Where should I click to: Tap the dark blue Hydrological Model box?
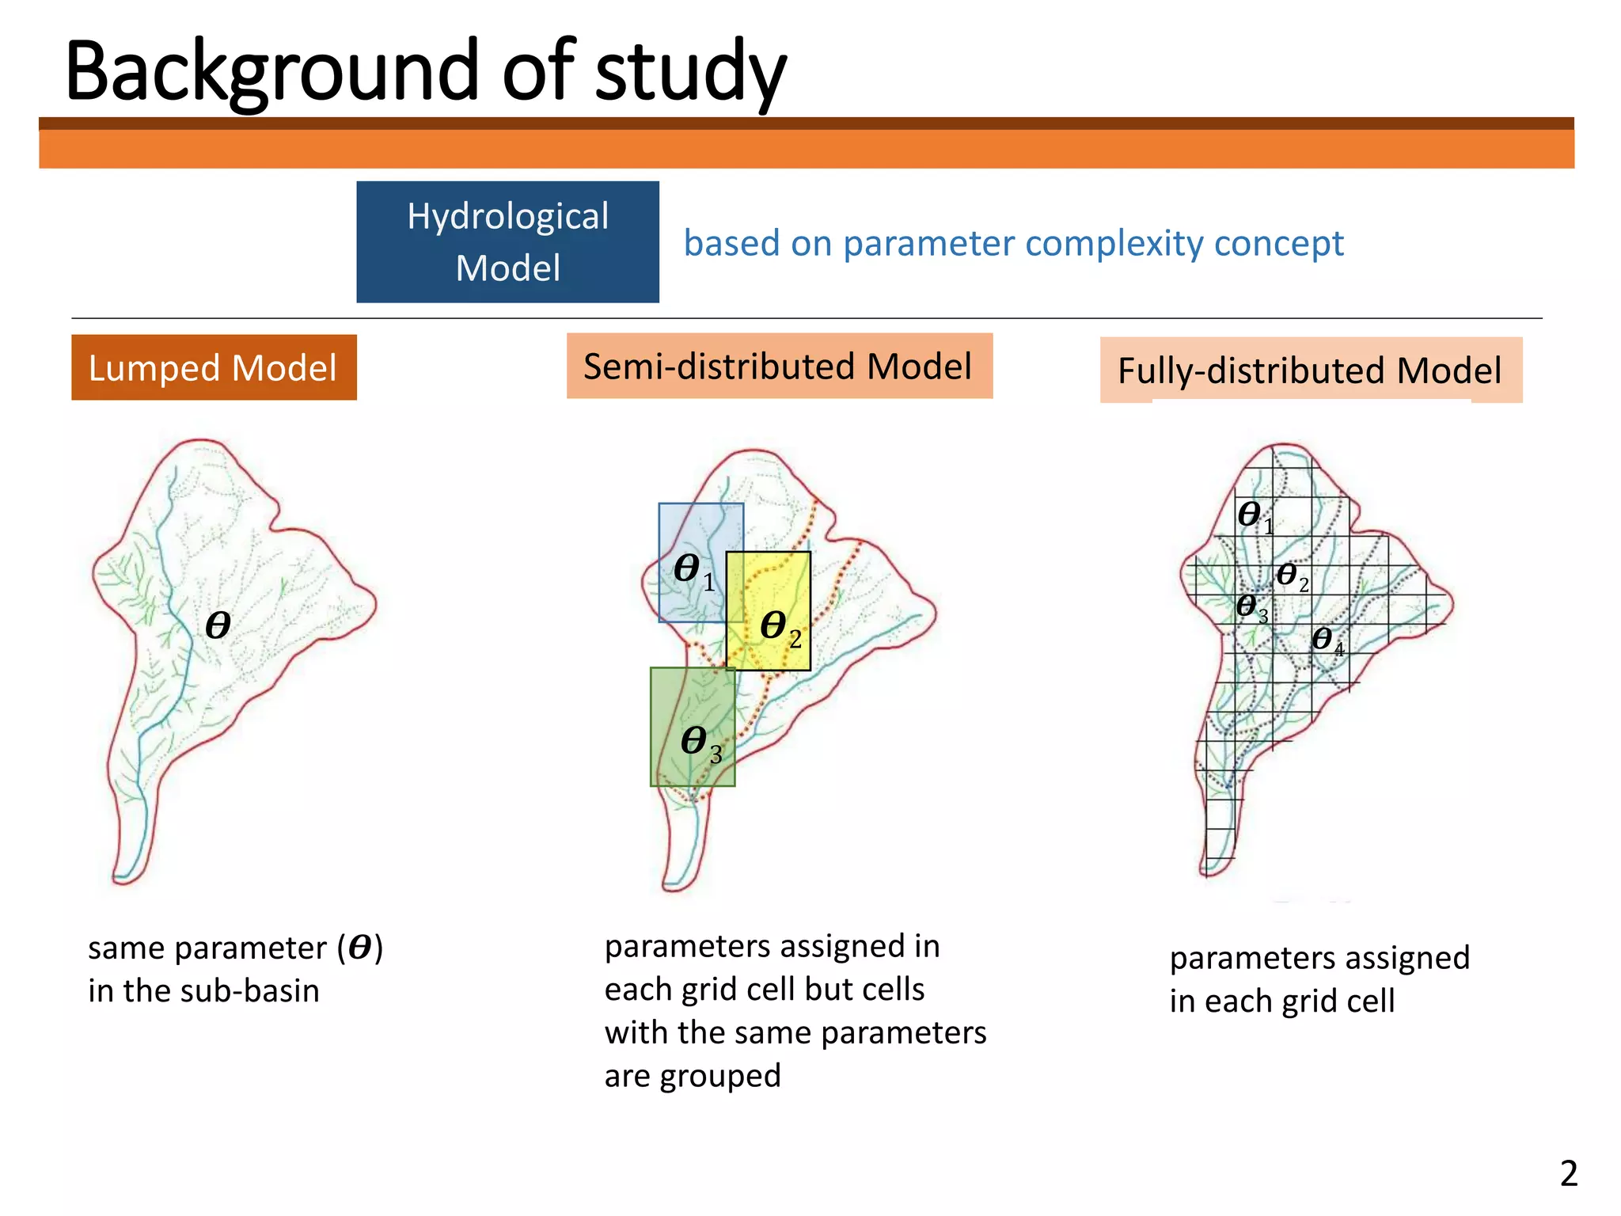tap(507, 241)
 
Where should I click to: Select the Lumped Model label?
tap(214, 368)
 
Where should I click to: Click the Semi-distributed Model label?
tap(779, 367)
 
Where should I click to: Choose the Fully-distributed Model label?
tap(1310, 370)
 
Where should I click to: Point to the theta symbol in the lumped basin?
tap(218, 625)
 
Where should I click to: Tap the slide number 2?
tap(1568, 1173)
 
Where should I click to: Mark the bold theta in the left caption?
tap(360, 948)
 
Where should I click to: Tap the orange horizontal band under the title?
tap(806, 149)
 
